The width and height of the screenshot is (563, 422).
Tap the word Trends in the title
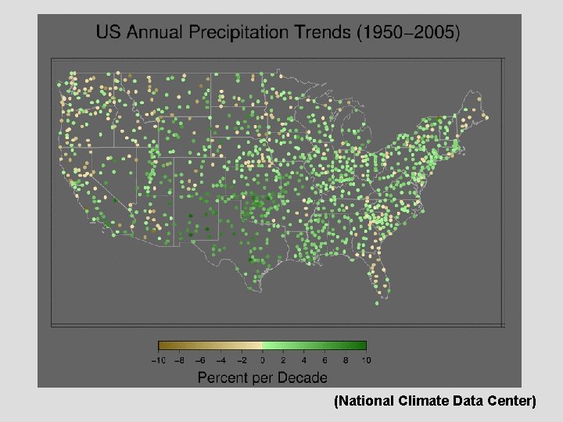(x=322, y=33)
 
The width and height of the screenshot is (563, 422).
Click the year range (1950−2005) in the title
(x=408, y=33)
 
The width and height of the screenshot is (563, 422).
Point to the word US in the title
(x=108, y=33)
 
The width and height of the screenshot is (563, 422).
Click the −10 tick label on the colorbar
(x=158, y=360)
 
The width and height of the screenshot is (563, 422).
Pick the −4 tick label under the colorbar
(x=221, y=360)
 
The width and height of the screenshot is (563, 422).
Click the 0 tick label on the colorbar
(x=262, y=360)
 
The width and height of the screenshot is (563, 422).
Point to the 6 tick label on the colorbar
(x=325, y=360)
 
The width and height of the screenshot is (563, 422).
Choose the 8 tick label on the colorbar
(x=346, y=360)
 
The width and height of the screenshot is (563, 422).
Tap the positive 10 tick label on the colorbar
(x=366, y=360)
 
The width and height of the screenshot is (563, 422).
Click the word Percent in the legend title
(x=222, y=377)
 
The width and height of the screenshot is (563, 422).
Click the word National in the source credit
(x=366, y=402)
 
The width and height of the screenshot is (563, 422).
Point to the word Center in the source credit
(x=511, y=402)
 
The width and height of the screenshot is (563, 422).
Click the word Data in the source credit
(x=466, y=402)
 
